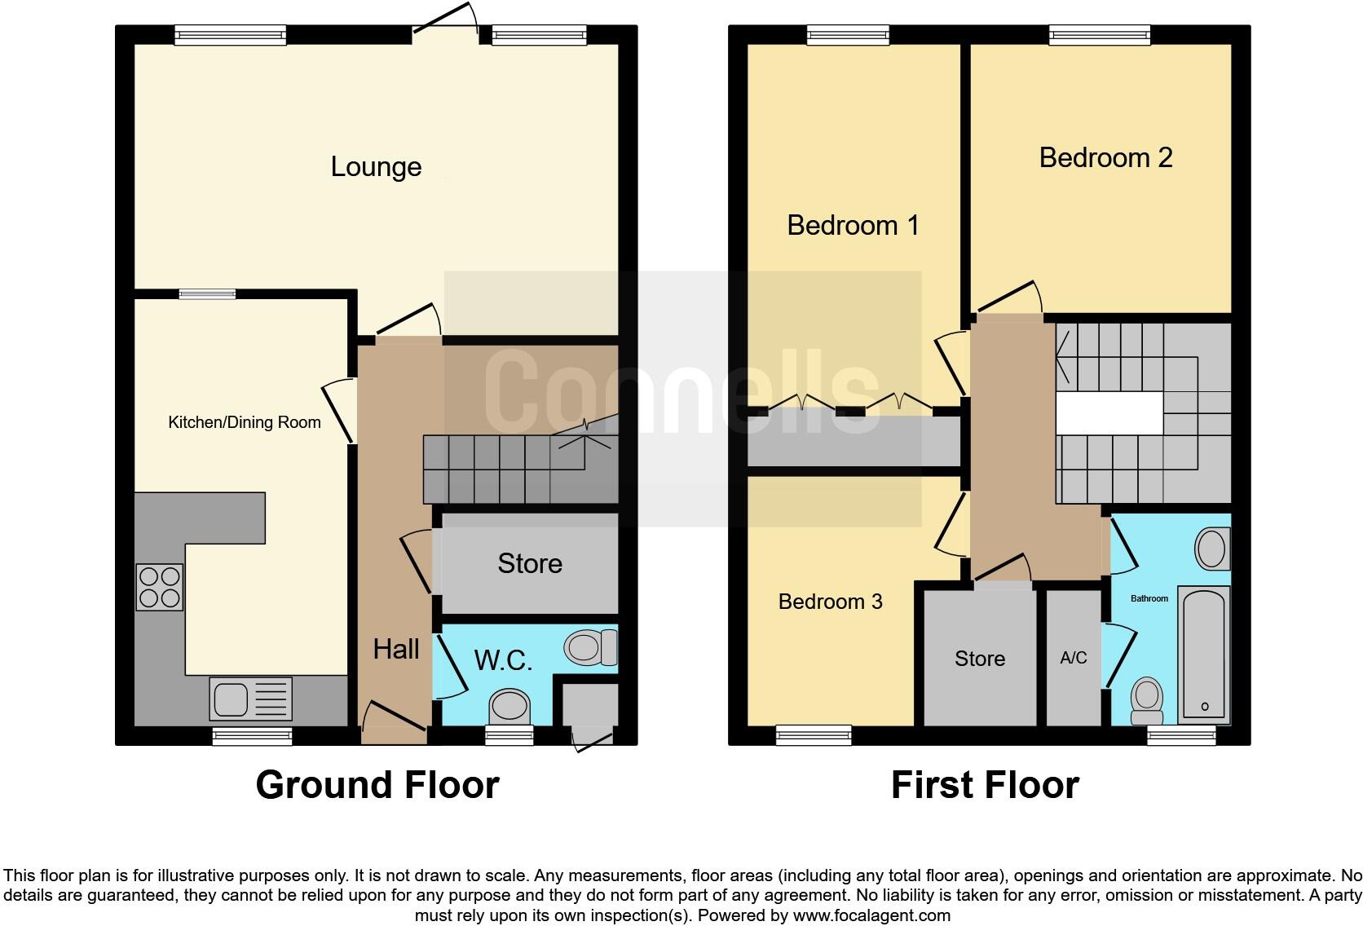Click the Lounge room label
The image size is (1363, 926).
pyautogui.click(x=376, y=167)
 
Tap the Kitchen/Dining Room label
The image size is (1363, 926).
pyautogui.click(x=244, y=422)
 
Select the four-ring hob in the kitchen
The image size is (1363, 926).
pyautogui.click(x=160, y=587)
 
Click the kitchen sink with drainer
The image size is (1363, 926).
pyautogui.click(x=250, y=699)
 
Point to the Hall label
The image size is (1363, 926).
pyautogui.click(x=396, y=650)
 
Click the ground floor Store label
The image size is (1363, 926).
pyautogui.click(x=530, y=563)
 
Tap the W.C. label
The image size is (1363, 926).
pyautogui.click(x=503, y=660)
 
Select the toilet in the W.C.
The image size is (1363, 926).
pyautogui.click(x=590, y=648)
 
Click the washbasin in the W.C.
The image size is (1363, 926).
pyautogui.click(x=509, y=705)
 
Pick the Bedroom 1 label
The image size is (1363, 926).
pyautogui.click(x=853, y=225)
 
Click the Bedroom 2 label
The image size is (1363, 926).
pyautogui.click(x=1105, y=157)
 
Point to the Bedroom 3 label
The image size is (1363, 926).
pyautogui.click(x=830, y=602)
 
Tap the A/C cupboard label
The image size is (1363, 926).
pyautogui.click(x=1073, y=658)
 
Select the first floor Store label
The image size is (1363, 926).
pyautogui.click(x=979, y=659)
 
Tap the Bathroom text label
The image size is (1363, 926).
pyautogui.click(x=1149, y=598)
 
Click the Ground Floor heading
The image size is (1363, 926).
pyautogui.click(x=377, y=785)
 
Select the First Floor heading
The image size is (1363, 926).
pyautogui.click(x=985, y=785)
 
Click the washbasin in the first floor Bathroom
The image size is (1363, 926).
pyautogui.click(x=1212, y=549)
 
